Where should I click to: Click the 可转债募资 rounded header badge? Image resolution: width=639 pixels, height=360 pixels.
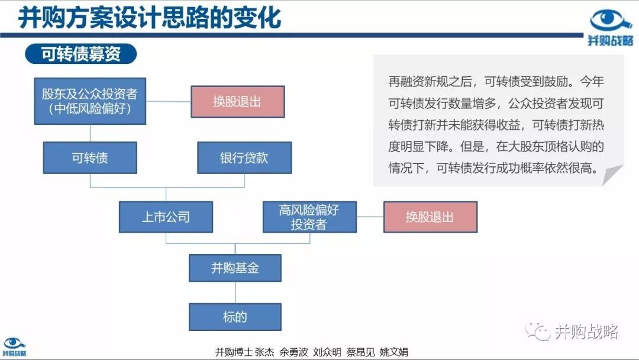pyautogui.click(x=80, y=54)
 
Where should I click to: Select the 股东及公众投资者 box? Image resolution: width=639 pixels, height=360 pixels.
pyautogui.click(x=90, y=101)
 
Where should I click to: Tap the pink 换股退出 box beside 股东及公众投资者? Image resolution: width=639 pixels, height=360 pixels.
pyautogui.click(x=238, y=101)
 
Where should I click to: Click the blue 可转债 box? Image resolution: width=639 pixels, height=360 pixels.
pyautogui.click(x=90, y=157)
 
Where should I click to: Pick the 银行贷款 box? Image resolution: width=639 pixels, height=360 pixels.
pyautogui.click(x=244, y=157)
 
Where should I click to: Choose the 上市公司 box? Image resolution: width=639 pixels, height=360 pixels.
pyautogui.click(x=166, y=217)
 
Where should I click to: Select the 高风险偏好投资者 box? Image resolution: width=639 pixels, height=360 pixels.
pyautogui.click(x=309, y=217)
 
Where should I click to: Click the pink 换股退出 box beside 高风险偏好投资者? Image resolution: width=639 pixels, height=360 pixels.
pyautogui.click(x=430, y=217)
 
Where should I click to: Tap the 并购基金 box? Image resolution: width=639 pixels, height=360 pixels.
pyautogui.click(x=235, y=268)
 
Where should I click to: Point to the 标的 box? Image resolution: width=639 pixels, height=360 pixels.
pyautogui.click(x=235, y=317)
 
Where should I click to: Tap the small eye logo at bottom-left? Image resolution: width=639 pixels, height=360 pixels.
pyautogui.click(x=14, y=343)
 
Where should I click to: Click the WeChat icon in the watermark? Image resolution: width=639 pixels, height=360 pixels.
pyautogui.click(x=538, y=331)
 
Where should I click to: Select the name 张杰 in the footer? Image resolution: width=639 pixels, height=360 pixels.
pyautogui.click(x=264, y=352)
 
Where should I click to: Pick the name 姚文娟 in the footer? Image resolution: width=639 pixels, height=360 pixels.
pyautogui.click(x=393, y=352)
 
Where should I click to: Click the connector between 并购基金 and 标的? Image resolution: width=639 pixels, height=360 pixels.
pyautogui.click(x=235, y=292)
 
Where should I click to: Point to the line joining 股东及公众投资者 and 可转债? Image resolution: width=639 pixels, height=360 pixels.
pyautogui.click(x=90, y=133)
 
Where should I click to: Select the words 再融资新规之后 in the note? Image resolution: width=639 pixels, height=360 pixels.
pyautogui.click(x=430, y=82)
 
